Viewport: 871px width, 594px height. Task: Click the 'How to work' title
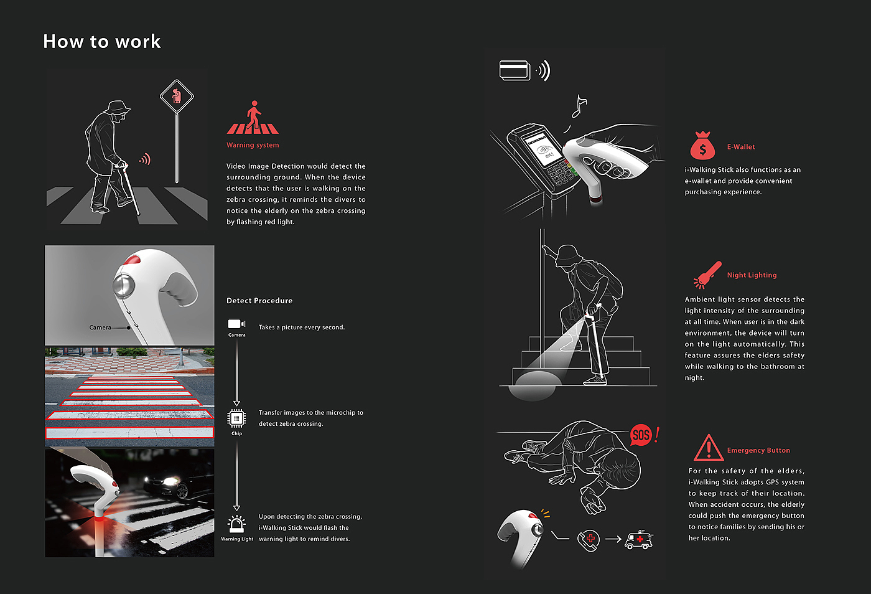click(x=102, y=41)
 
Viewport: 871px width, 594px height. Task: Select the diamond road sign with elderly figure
click(x=177, y=97)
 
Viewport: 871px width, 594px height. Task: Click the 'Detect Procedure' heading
click(x=259, y=301)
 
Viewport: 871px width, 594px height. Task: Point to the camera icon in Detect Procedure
click(x=236, y=324)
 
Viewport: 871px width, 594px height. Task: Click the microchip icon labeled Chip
click(x=236, y=418)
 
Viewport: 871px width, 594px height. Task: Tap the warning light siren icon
click(x=236, y=524)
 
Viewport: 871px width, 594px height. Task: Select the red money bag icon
click(x=702, y=146)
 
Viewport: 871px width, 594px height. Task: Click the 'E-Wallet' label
click(x=741, y=147)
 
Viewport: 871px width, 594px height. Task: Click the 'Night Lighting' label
click(x=752, y=275)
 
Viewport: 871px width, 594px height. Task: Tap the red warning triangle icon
click(x=709, y=448)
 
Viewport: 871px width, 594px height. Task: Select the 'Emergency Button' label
click(x=758, y=450)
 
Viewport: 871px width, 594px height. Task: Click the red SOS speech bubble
click(x=641, y=435)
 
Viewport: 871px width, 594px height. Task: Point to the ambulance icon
click(x=639, y=539)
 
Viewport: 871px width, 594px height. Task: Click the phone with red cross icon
click(x=589, y=540)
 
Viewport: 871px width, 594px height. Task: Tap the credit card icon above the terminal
click(x=515, y=70)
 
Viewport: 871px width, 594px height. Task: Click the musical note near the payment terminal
click(x=579, y=106)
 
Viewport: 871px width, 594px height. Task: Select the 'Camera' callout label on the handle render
click(x=100, y=328)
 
